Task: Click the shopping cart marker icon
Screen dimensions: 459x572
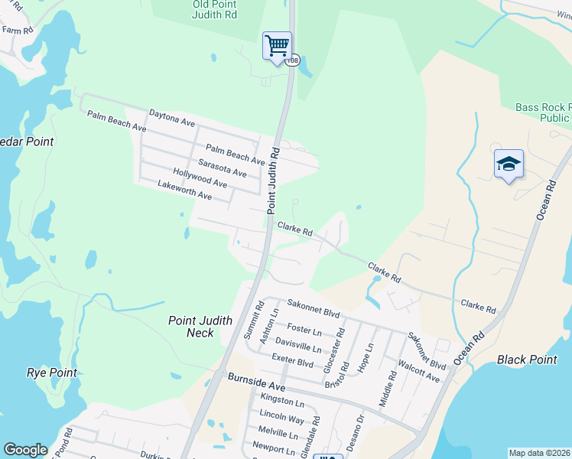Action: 277,44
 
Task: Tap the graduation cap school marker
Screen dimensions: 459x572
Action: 509,164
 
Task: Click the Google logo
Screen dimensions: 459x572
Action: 25,450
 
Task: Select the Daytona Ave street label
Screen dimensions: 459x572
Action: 172,117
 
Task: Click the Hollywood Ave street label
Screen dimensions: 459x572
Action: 200,178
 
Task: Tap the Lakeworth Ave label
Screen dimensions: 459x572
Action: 184,190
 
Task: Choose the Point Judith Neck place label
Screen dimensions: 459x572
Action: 200,327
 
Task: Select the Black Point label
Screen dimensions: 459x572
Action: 526,360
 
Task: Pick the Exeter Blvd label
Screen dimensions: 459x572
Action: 293,361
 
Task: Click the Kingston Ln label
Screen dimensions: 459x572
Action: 282,401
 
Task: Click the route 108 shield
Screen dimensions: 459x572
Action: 293,61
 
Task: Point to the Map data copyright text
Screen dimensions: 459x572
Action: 539,453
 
